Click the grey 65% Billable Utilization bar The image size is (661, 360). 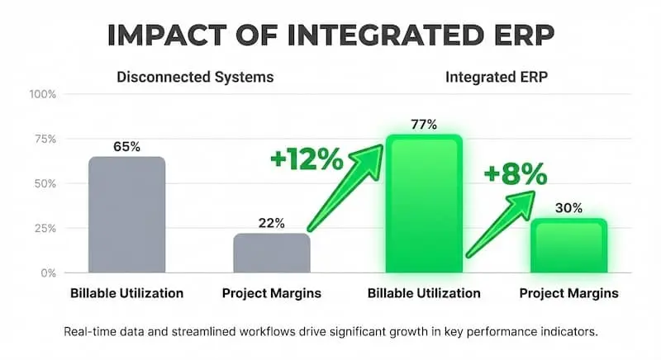[x=126, y=215]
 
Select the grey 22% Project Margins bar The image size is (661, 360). [x=271, y=253]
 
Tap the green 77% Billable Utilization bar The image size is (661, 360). [x=424, y=205]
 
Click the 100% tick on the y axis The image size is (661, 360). [x=42, y=94]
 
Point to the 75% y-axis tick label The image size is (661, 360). [x=45, y=139]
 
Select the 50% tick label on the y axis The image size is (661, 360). [x=45, y=183]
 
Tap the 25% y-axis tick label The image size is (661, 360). [x=45, y=228]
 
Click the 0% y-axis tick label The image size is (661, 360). [x=48, y=272]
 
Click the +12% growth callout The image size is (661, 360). [x=305, y=159]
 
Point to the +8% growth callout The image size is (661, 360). [x=516, y=174]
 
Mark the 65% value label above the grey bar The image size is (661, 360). [x=126, y=146]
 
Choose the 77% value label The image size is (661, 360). [x=423, y=125]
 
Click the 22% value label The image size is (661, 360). [x=271, y=222]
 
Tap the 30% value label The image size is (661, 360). [x=568, y=208]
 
